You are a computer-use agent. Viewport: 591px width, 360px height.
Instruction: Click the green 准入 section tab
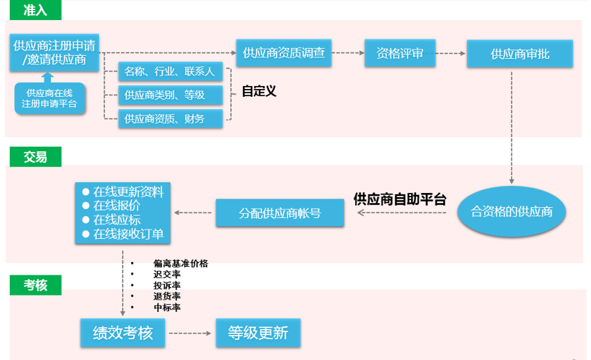[x=33, y=10]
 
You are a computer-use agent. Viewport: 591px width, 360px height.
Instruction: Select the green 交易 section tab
[x=33, y=156]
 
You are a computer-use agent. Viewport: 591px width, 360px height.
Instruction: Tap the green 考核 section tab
[x=33, y=285]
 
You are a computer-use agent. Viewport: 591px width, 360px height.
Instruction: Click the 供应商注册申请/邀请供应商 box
[x=55, y=52]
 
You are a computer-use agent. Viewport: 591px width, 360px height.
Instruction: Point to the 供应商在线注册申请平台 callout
[x=49, y=98]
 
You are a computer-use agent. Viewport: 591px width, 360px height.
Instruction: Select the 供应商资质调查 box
[x=284, y=52]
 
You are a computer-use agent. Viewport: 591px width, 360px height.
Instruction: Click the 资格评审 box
[x=399, y=52]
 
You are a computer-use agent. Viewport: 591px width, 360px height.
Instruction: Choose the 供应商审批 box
[x=520, y=53]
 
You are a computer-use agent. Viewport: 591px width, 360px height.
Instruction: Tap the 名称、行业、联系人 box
[x=170, y=72]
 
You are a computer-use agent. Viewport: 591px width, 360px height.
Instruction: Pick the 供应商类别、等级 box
[x=170, y=95]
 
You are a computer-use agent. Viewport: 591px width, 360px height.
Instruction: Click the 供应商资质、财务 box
[x=170, y=118]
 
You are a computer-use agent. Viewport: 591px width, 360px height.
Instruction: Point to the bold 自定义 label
[x=259, y=91]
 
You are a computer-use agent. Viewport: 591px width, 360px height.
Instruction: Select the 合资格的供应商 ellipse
[x=511, y=212]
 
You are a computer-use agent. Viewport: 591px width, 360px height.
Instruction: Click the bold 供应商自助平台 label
[x=399, y=199]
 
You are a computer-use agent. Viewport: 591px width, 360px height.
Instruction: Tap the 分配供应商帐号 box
[x=279, y=212]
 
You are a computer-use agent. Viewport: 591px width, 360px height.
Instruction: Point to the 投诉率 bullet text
[x=166, y=285]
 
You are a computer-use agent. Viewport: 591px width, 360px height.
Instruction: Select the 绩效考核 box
[x=122, y=333]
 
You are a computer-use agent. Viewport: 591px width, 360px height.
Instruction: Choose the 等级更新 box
[x=258, y=333]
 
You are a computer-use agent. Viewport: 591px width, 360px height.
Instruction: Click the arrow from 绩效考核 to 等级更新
[x=190, y=333]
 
